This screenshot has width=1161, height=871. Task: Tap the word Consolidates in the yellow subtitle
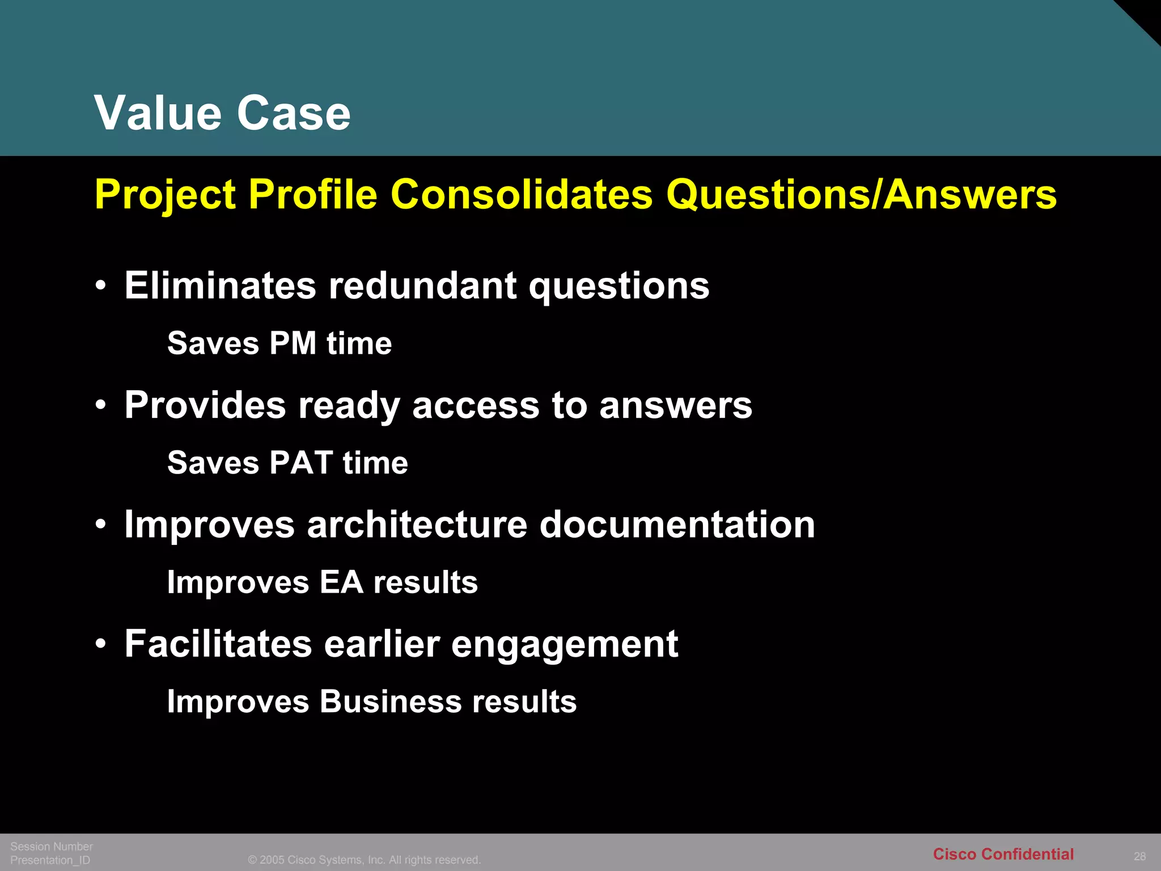click(522, 195)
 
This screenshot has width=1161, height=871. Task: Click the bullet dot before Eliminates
click(101, 286)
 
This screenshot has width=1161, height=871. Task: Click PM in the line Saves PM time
click(293, 344)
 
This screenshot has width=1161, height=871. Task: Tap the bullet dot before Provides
click(101, 406)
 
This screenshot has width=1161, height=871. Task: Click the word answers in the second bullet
click(675, 405)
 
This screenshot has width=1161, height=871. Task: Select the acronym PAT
click(300, 463)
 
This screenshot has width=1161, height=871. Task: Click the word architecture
click(417, 525)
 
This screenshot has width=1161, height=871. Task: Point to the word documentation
click(677, 525)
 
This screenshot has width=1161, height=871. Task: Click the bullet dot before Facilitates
click(101, 645)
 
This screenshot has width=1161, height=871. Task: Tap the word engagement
click(565, 645)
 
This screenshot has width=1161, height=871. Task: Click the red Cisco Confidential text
click(1003, 854)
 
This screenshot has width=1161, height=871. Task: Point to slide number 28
click(1139, 856)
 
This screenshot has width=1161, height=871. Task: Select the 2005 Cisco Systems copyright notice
click(364, 860)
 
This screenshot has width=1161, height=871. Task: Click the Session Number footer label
click(52, 847)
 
